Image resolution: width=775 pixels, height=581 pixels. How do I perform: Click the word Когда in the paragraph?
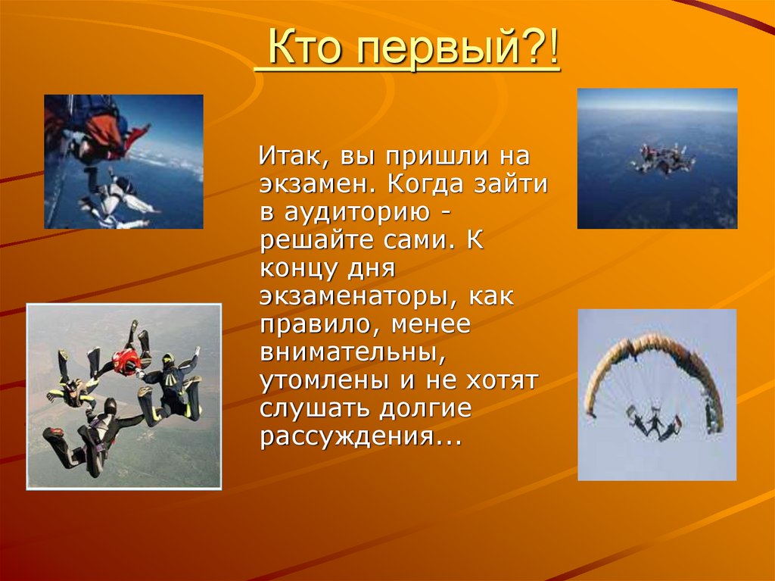pos(435,186)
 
